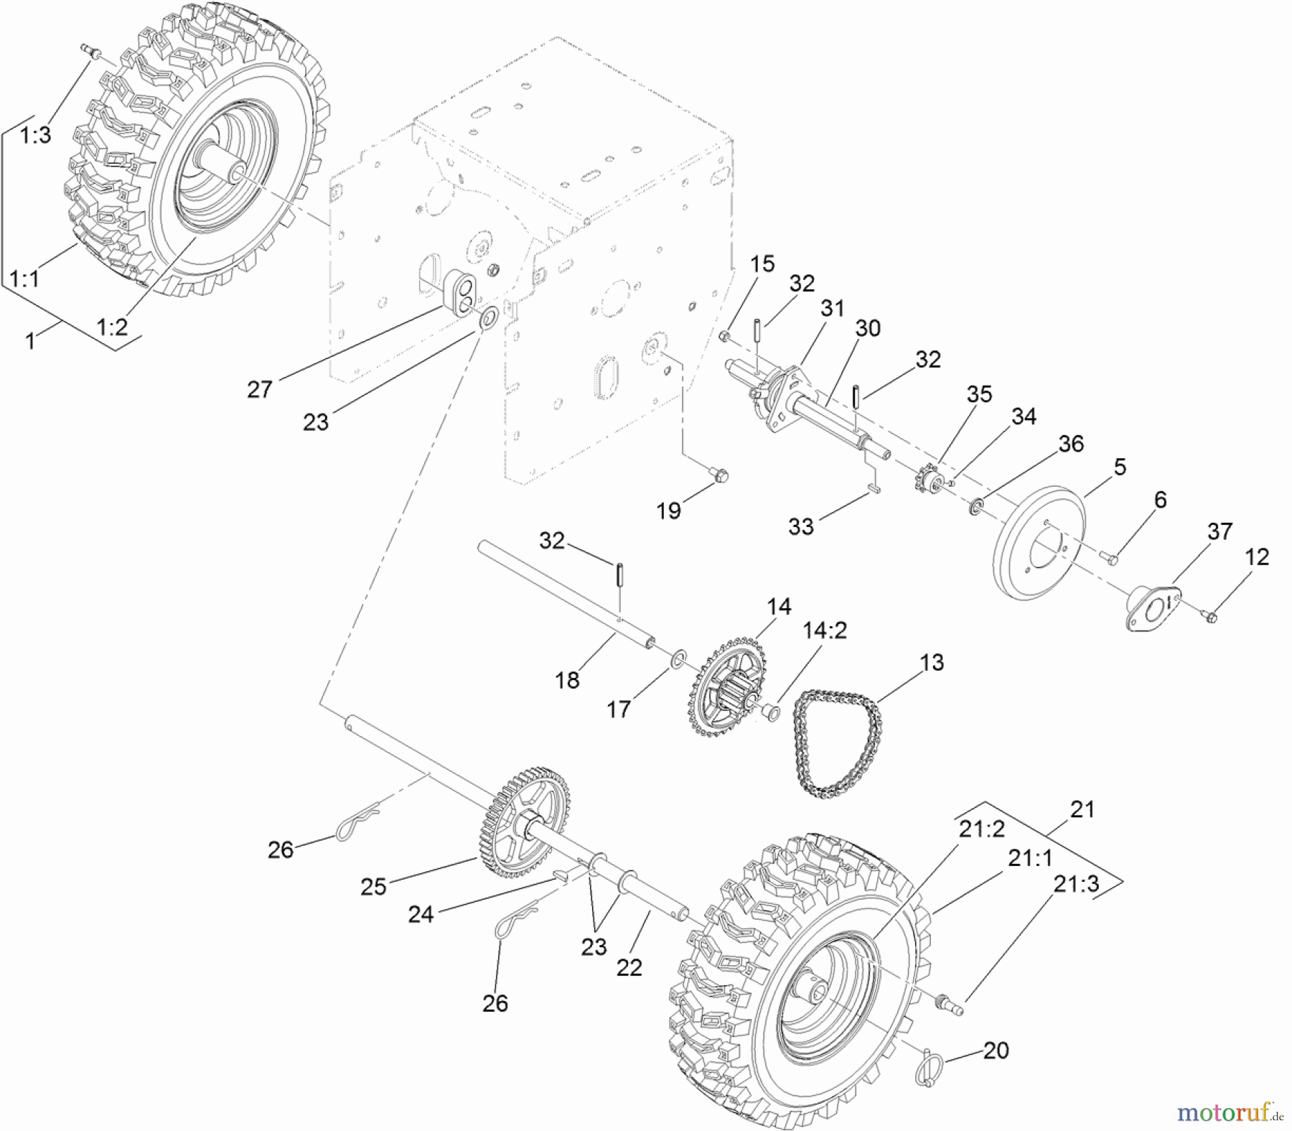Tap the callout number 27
pyautogui.click(x=260, y=389)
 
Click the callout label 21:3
pyautogui.click(x=1076, y=884)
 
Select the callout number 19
pyautogui.click(x=668, y=511)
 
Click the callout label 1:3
pyautogui.click(x=35, y=135)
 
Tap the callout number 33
pyautogui.click(x=801, y=526)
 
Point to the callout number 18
pyautogui.click(x=567, y=679)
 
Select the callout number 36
pyautogui.click(x=1070, y=444)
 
